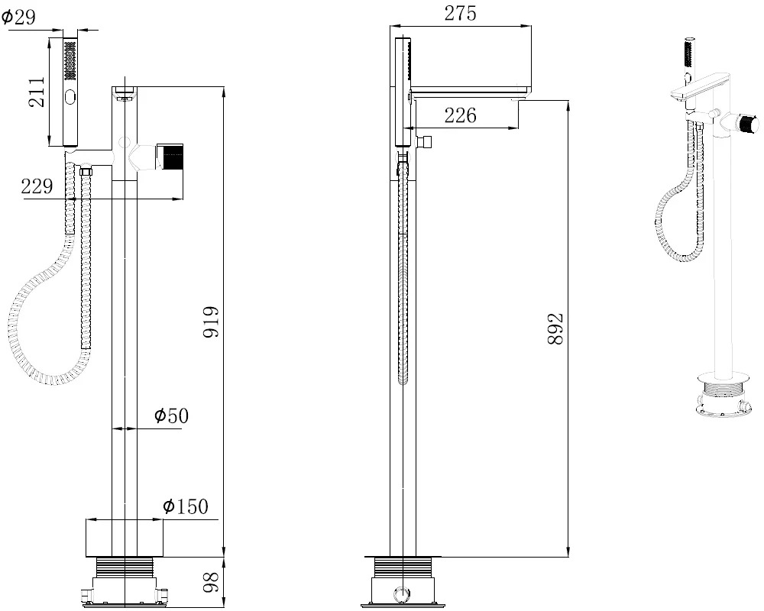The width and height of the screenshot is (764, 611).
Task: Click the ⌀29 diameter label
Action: [18, 17]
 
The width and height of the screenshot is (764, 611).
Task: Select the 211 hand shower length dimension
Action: [37, 92]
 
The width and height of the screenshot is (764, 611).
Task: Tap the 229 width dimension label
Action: [37, 186]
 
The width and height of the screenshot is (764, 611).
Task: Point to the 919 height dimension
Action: [212, 322]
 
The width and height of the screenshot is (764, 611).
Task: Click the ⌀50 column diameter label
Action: [171, 415]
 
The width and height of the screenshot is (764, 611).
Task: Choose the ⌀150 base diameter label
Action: [185, 506]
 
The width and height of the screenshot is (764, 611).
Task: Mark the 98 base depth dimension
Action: [211, 582]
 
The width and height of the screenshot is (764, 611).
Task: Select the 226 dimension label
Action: [460, 115]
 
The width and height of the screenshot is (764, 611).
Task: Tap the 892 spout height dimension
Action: [556, 329]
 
